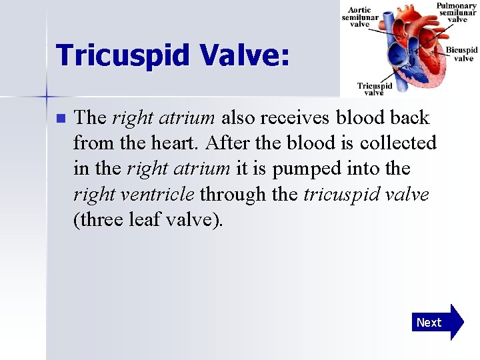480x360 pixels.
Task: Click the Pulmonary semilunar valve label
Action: click(457, 13)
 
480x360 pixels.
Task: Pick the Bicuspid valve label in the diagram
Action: click(461, 54)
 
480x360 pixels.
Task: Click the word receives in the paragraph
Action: click(295, 119)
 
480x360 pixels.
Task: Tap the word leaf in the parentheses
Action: click(153, 219)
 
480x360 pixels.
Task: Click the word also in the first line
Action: click(237, 119)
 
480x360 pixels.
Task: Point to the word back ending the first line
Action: click(411, 119)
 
